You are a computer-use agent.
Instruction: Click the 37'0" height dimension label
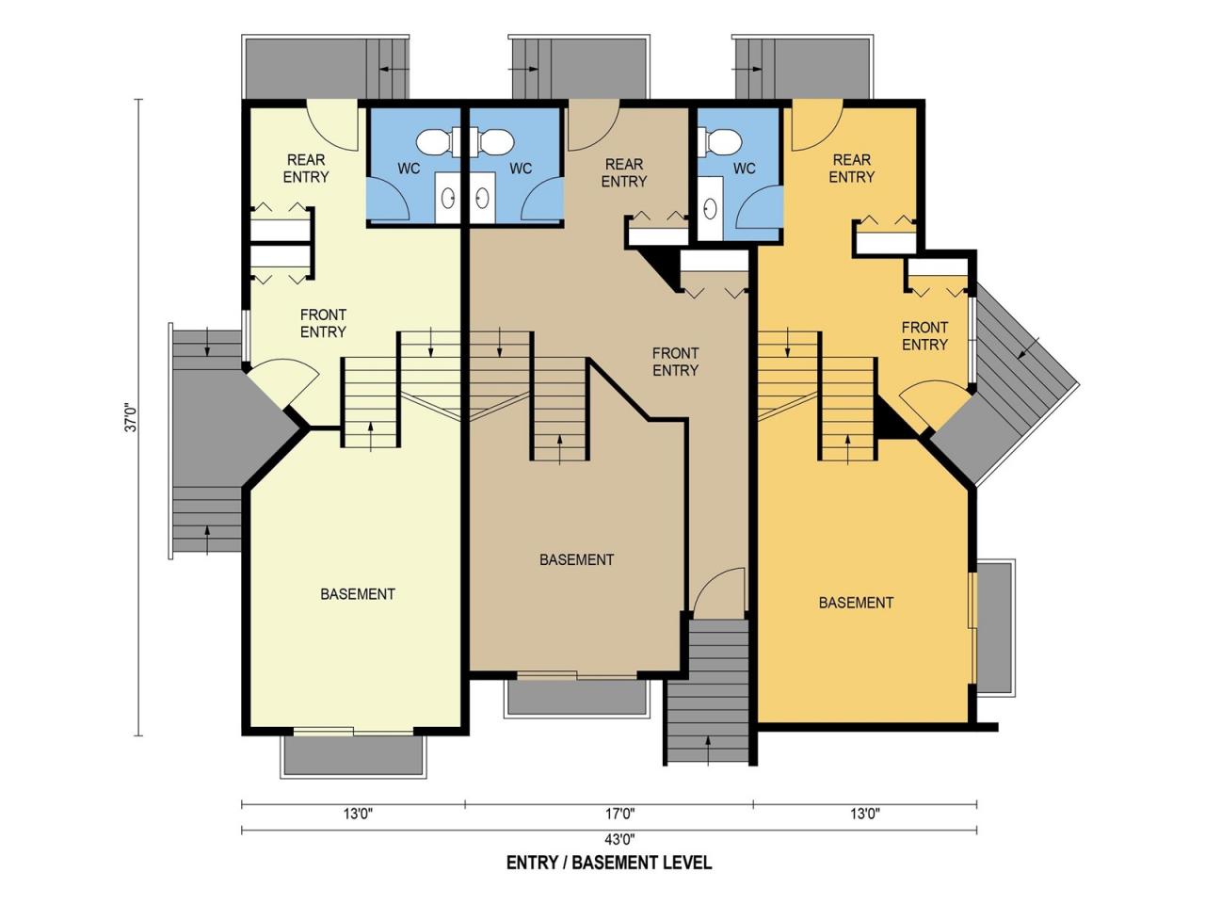132,418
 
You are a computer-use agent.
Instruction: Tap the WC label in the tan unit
521,169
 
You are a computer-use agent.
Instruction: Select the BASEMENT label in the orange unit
856,603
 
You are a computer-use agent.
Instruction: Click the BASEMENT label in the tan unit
576,560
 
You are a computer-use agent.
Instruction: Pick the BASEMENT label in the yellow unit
358,594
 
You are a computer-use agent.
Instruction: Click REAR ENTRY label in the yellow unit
306,169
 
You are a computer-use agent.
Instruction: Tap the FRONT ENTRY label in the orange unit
924,336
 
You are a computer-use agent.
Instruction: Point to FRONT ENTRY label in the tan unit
675,362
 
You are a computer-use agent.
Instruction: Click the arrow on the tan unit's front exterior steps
708,750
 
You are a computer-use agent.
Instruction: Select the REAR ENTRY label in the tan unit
623,173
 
